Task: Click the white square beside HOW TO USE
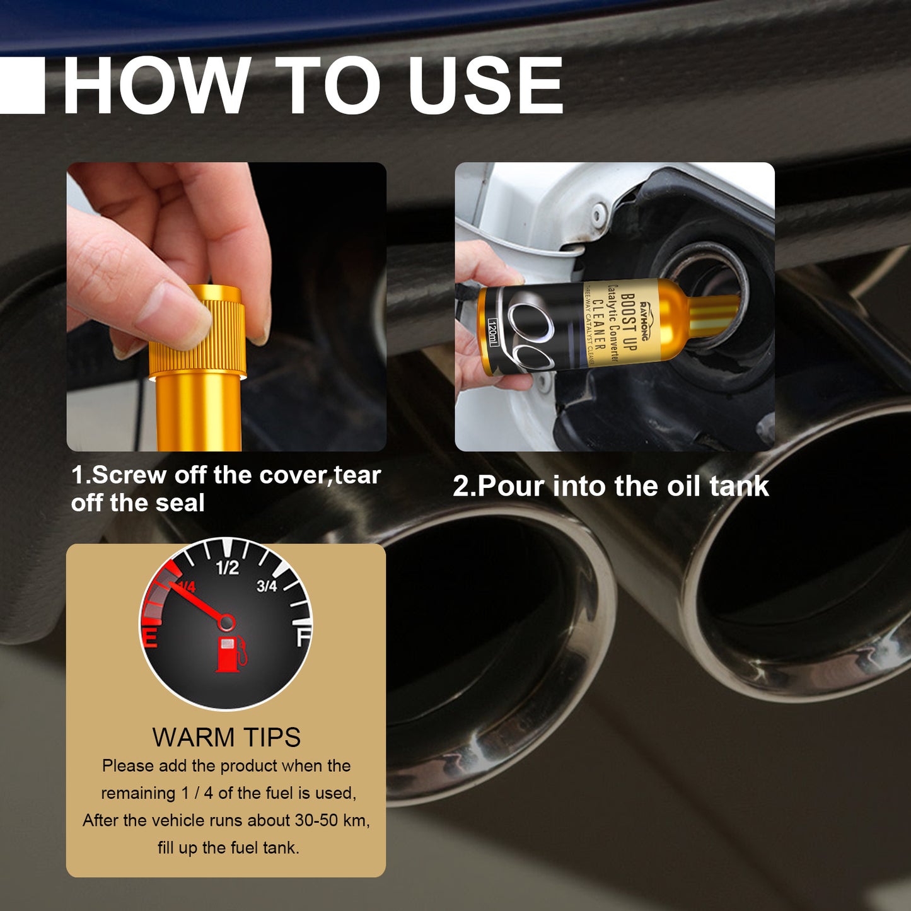(22, 85)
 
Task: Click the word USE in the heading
(485, 85)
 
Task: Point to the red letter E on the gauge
(150, 638)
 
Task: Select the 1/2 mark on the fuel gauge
(227, 567)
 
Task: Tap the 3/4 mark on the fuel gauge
(267, 586)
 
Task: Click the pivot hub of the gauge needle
(226, 623)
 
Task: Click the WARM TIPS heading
(226, 737)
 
